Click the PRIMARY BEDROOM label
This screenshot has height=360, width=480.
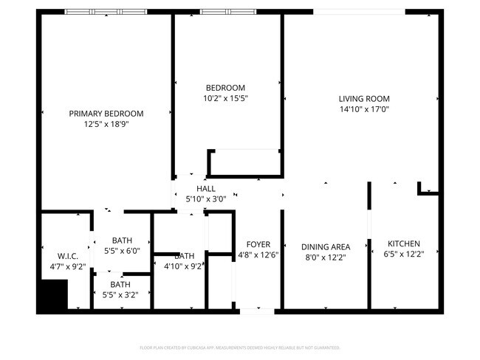click(106, 114)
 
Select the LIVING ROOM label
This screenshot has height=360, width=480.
click(364, 99)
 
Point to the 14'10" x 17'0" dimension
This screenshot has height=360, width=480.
click(364, 109)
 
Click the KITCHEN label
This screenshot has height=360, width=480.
click(404, 244)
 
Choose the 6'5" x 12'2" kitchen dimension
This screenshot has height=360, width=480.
click(404, 255)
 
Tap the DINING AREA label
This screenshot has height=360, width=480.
click(326, 247)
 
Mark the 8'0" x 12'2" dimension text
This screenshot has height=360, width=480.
click(326, 257)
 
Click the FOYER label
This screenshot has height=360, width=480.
click(258, 244)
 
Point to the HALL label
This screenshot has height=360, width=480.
click(206, 190)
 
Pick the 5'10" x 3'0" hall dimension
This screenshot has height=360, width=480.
click(206, 199)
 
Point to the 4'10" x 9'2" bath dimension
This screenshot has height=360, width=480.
click(182, 266)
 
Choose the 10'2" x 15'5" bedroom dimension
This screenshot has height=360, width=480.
click(225, 98)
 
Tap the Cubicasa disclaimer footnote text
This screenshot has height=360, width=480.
click(240, 347)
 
